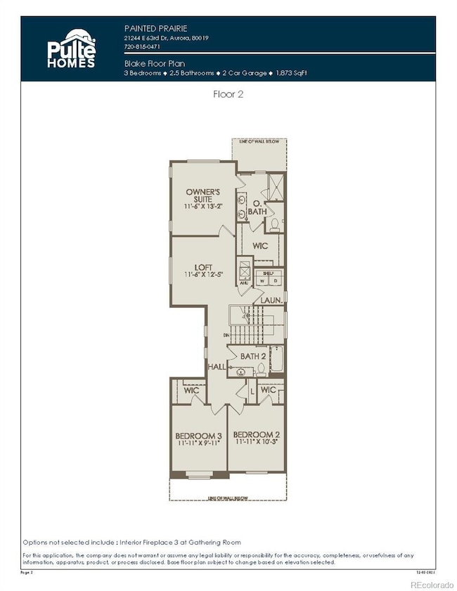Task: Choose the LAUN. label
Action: [271, 300]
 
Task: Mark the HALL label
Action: [217, 368]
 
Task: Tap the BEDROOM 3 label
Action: [198, 436]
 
